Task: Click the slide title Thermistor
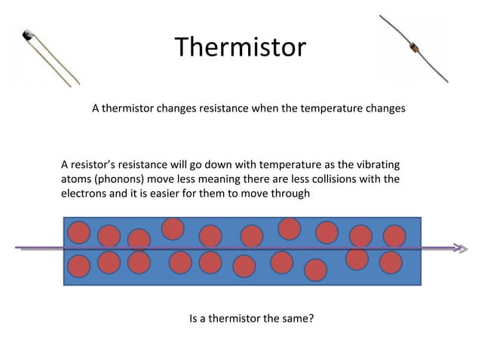(x=240, y=47)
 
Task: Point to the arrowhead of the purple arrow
(x=458, y=247)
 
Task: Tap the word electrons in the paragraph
(x=84, y=194)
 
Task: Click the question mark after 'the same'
(x=311, y=319)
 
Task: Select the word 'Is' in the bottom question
(x=193, y=319)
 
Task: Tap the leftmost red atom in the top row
(x=79, y=233)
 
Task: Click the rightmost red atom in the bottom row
(x=391, y=262)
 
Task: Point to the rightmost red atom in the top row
(x=394, y=236)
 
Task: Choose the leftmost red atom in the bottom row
(x=80, y=265)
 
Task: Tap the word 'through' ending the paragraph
(x=291, y=194)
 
